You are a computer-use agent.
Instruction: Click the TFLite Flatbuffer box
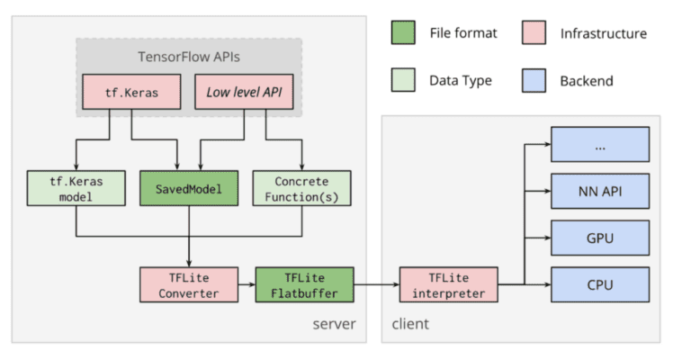[304, 284]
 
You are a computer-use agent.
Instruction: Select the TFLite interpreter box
[447, 284]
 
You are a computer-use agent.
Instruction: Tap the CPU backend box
[600, 284]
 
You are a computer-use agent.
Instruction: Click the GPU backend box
[600, 238]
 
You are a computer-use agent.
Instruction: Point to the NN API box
[600, 191]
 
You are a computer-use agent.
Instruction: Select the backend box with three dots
[600, 144]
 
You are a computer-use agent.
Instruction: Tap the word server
[333, 323]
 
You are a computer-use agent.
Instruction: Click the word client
[410, 323]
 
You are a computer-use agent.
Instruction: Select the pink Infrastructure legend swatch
[534, 34]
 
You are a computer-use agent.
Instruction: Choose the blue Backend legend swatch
[534, 80]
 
